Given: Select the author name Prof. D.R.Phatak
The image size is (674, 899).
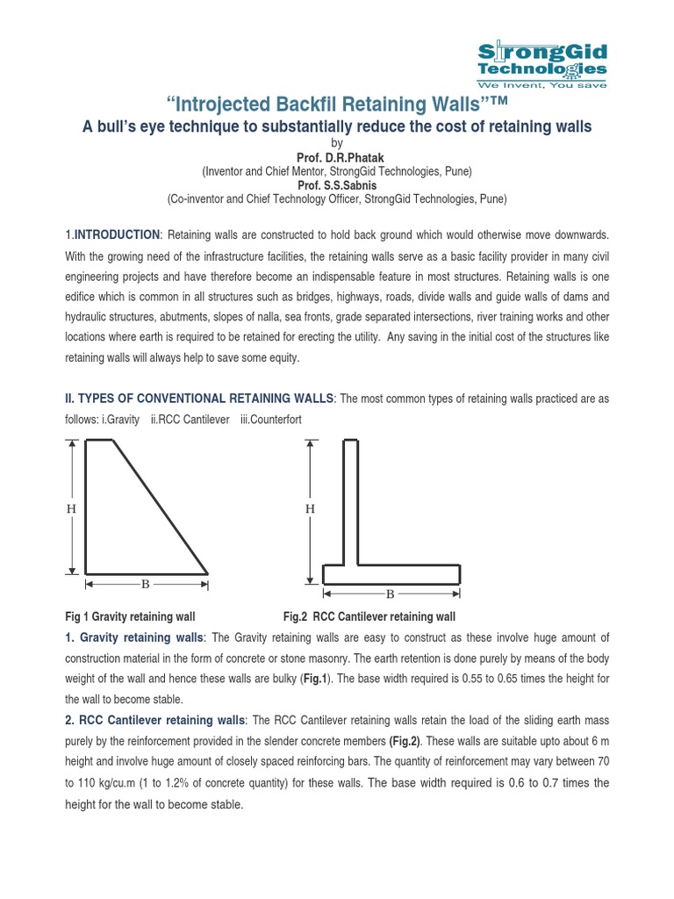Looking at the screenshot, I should click(336, 157).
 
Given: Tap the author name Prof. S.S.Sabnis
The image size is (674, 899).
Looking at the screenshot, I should click(336, 185).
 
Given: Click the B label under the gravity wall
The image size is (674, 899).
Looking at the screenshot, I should click(146, 583).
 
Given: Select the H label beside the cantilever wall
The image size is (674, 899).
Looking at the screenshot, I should click(309, 508).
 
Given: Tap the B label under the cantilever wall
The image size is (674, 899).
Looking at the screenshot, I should click(391, 594).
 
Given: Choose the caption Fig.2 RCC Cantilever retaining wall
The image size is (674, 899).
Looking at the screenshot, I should click(369, 617).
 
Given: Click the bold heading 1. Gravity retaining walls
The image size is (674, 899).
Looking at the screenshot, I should click(134, 637).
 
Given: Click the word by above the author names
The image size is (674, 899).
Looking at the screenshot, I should click(336, 143).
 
